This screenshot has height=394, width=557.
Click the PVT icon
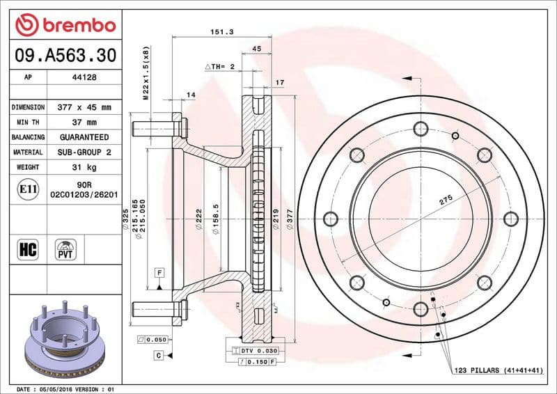tap(66, 249)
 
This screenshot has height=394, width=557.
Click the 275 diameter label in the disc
tap(446, 200)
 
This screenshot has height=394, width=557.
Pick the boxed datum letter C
tap(159, 356)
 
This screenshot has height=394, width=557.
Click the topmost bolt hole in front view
tap(420, 128)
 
